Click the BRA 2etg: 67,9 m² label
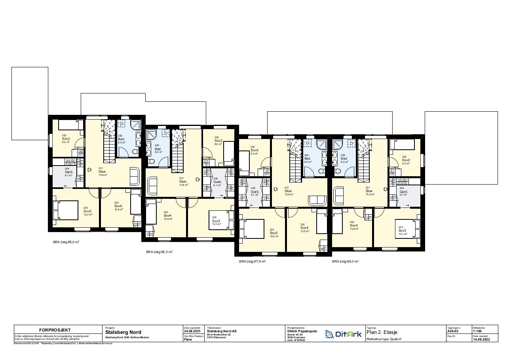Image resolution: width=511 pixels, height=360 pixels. click(x=252, y=261)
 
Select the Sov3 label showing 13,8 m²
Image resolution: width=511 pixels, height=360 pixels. click(x=274, y=233)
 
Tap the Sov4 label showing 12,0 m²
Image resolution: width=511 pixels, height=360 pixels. click(x=304, y=229)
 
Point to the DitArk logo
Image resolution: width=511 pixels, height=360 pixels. click(x=343, y=334)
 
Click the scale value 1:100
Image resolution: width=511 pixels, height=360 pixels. click(x=478, y=332)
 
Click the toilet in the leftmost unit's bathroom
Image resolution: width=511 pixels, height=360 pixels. click(x=135, y=152)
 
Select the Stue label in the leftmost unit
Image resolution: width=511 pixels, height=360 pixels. click(x=102, y=171)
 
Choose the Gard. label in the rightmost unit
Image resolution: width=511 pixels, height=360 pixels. click(x=403, y=192)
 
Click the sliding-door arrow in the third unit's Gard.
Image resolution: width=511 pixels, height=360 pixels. click(x=251, y=206)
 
